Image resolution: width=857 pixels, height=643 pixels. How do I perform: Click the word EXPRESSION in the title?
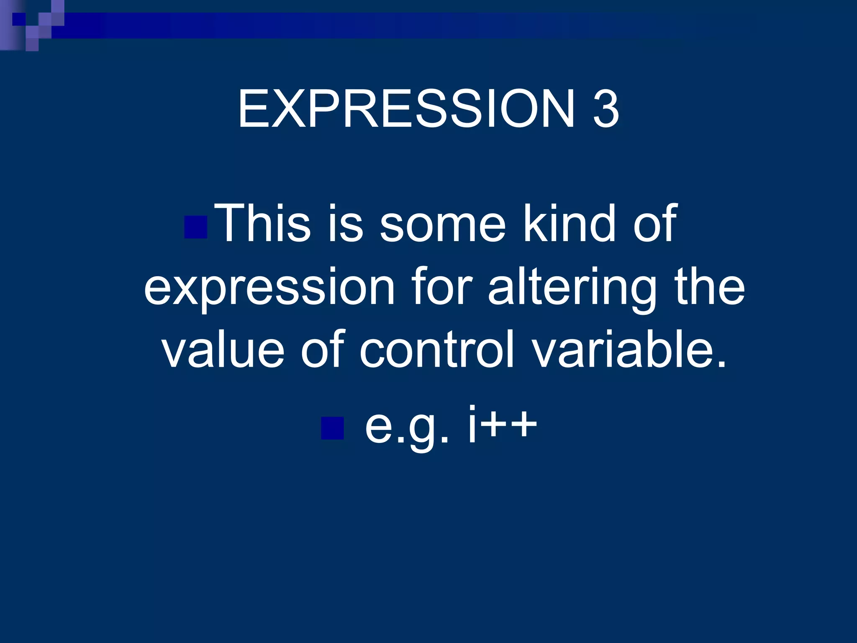[x=405, y=109]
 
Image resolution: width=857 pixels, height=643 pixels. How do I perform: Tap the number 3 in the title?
[x=605, y=110]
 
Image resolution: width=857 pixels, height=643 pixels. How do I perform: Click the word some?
[x=442, y=224]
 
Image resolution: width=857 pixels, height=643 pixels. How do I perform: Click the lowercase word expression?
[x=269, y=288]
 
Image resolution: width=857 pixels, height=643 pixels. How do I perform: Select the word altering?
[x=572, y=288]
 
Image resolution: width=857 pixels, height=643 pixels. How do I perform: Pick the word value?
[x=223, y=349]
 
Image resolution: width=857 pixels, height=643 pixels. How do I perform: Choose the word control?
[x=437, y=349]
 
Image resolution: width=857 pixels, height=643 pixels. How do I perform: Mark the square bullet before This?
[x=196, y=227]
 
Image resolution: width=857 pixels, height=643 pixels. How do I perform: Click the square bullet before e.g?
[x=332, y=428]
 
